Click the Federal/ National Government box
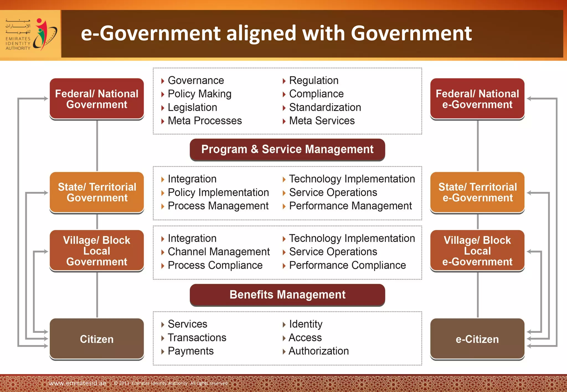pyautogui.click(x=97, y=99)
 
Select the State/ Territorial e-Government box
pyautogui.click(x=477, y=192)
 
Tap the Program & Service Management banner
pyautogui.click(x=287, y=149)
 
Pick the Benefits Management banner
pyautogui.click(x=287, y=295)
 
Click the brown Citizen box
pyautogui.click(x=97, y=339)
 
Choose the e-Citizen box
pyautogui.click(x=477, y=339)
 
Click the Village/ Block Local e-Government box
pyautogui.click(x=477, y=251)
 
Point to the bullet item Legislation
pyautogui.click(x=192, y=107)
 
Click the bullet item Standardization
pyautogui.click(x=325, y=107)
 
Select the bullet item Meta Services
pyautogui.click(x=322, y=121)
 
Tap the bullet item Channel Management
pyautogui.click(x=218, y=252)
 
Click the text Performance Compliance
pyautogui.click(x=347, y=265)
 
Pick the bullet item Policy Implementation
pyautogui.click(x=218, y=192)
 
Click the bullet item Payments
pyautogui.click(x=190, y=351)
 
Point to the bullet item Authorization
pyautogui.click(x=318, y=351)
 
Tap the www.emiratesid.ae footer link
pyautogui.click(x=77, y=383)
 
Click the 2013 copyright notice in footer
pyautogui.click(x=171, y=383)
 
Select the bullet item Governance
pyautogui.click(x=196, y=80)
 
